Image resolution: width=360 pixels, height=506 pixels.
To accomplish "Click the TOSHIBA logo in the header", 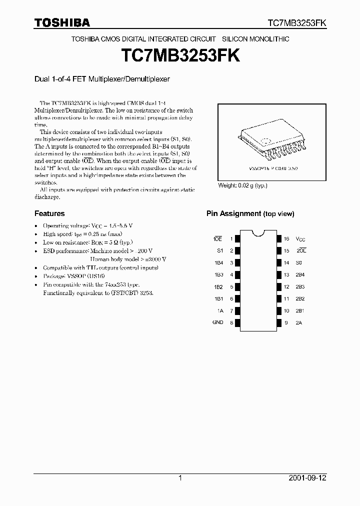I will [62, 22].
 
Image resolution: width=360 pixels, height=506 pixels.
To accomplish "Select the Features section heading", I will [49, 213].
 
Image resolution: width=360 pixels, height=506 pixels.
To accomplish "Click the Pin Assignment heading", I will [250, 213].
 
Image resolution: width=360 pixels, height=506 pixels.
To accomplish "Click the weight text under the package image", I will [242, 185].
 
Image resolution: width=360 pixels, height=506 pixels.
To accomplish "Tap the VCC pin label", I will [300, 239].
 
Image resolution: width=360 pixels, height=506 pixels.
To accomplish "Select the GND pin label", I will [217, 322].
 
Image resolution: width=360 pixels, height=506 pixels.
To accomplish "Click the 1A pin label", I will [219, 310].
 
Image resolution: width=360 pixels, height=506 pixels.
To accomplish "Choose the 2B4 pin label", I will [299, 274].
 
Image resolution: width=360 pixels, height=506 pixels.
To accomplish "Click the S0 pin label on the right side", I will [298, 262].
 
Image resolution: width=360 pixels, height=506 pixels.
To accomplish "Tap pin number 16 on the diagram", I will [286, 239].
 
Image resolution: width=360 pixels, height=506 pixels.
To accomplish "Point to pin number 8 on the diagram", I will [231, 323].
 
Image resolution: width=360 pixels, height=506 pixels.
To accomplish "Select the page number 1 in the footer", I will [180, 478].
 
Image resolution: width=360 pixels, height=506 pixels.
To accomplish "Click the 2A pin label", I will [298, 322].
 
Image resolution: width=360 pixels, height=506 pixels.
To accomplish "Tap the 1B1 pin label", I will [218, 298].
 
